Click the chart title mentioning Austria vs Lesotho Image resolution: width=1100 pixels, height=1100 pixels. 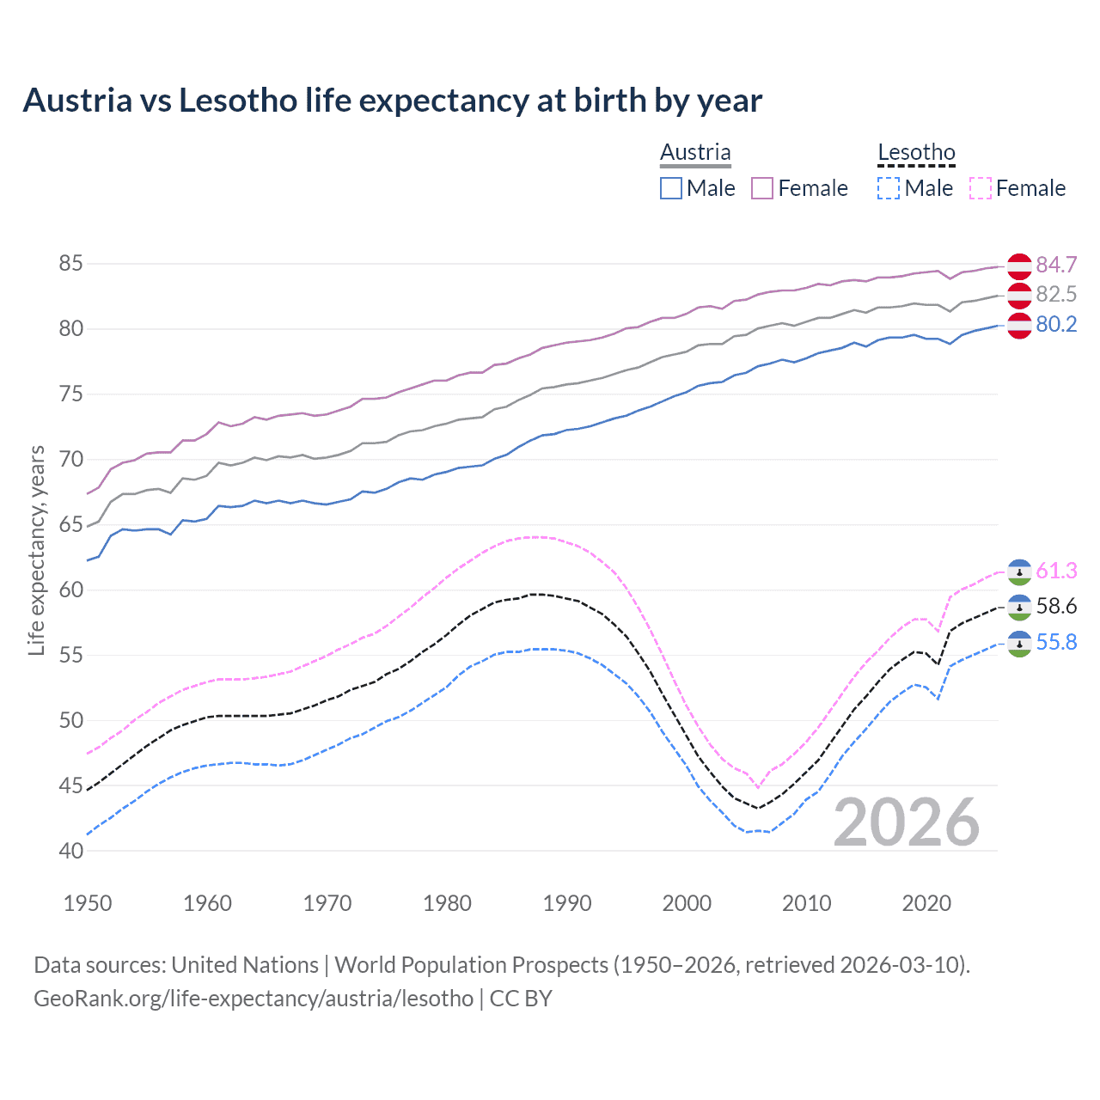(x=392, y=101)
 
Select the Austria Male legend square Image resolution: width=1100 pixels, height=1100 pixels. (x=671, y=188)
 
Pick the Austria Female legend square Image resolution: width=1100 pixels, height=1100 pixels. (x=762, y=188)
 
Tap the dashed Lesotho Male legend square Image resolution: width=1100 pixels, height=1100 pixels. (x=889, y=188)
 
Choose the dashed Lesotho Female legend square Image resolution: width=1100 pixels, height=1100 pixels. (x=980, y=188)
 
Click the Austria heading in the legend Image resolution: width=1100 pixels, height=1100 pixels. (x=695, y=152)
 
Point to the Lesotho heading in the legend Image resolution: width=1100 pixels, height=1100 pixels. (x=916, y=152)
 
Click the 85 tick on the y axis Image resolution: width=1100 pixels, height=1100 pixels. (x=70, y=264)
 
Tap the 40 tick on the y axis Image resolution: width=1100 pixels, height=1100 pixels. (x=70, y=851)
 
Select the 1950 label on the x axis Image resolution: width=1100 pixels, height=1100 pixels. (x=88, y=903)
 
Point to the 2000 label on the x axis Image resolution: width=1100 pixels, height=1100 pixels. (x=687, y=903)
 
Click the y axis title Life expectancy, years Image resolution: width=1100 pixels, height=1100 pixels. (x=37, y=550)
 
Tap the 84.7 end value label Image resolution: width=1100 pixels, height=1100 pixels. (x=1056, y=265)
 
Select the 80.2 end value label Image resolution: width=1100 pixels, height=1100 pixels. (x=1056, y=324)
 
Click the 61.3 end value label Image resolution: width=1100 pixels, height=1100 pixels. (x=1056, y=571)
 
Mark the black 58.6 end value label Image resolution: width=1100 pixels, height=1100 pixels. (x=1056, y=607)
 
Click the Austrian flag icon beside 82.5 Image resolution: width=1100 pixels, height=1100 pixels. (x=1019, y=295)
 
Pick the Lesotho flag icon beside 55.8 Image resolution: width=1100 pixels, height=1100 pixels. (x=1019, y=644)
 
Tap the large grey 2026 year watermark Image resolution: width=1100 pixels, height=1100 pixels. (x=907, y=822)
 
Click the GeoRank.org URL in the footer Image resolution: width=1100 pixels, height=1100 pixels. (x=254, y=999)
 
